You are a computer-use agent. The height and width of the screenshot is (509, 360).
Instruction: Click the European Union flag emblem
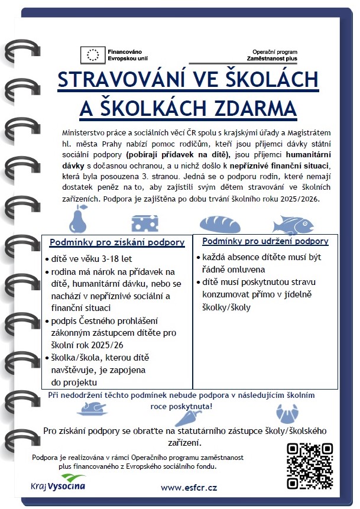click(x=93, y=54)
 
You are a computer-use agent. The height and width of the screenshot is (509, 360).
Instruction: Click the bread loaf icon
click(x=220, y=223)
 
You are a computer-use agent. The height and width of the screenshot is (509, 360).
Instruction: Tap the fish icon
click(x=291, y=223)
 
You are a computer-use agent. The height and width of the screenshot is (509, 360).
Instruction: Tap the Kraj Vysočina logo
click(x=58, y=482)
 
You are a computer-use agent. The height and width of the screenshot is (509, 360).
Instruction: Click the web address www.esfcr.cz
click(x=189, y=487)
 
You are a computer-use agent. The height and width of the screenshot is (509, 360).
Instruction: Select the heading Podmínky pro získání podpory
click(x=117, y=242)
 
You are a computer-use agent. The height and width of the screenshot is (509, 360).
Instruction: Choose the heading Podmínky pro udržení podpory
click(x=265, y=241)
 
